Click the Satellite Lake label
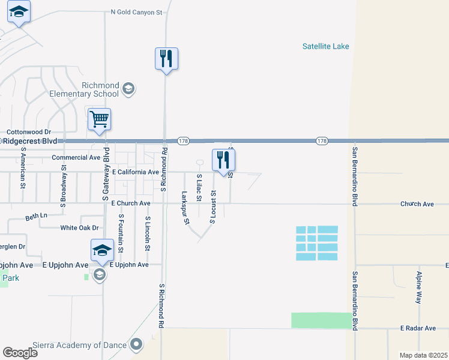click(325, 46)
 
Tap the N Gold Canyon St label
click(137, 12)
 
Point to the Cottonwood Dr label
click(29, 131)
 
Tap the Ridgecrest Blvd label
click(29, 140)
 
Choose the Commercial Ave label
click(76, 157)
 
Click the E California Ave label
click(135, 172)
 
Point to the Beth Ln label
click(36, 216)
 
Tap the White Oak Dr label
click(79, 227)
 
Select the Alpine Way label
click(419, 287)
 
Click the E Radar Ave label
click(418, 328)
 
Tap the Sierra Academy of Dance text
click(80, 345)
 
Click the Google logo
click(20, 353)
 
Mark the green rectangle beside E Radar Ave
click(322, 320)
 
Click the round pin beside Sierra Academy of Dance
click(137, 344)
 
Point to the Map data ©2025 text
click(423, 355)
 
